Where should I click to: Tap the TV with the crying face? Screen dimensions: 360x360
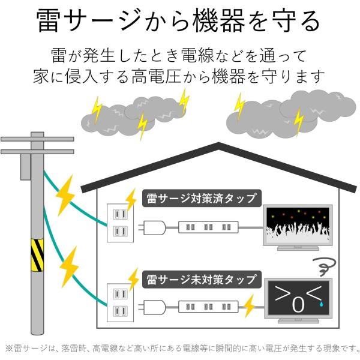tap(298, 298)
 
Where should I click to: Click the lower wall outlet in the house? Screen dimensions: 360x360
tap(118, 303)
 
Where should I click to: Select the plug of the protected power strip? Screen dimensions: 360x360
tap(155, 227)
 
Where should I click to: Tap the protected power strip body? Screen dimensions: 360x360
tap(208, 227)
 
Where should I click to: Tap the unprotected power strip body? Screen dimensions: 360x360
tap(208, 305)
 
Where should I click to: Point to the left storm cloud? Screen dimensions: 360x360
tap(132, 116)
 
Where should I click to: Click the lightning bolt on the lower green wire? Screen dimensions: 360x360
tap(70, 264)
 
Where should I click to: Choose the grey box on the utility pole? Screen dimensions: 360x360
tap(25, 166)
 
